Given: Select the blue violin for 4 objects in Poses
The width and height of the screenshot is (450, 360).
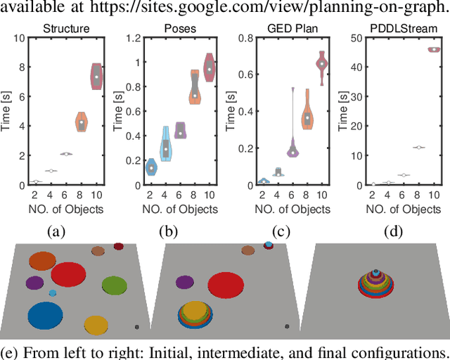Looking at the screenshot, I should [166, 143].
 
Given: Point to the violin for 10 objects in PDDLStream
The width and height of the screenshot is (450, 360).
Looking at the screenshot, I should [434, 49].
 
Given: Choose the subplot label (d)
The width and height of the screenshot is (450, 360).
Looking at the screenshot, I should [396, 231].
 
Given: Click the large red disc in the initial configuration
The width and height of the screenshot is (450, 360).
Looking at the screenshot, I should [68, 274].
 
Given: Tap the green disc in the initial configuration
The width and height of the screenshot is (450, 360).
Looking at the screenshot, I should [113, 285].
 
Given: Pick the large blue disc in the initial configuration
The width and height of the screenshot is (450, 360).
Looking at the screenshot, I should [45, 316].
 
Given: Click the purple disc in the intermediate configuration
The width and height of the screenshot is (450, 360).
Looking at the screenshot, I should [185, 283].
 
